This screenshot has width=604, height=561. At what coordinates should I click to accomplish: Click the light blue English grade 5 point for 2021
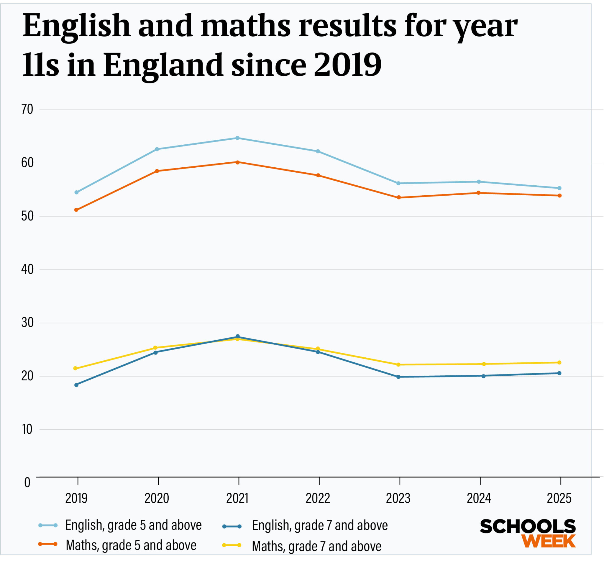[x=238, y=138]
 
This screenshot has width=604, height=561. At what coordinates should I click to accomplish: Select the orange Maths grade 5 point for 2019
[x=76, y=210]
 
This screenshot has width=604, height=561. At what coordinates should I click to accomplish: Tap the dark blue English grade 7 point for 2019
[x=76, y=385]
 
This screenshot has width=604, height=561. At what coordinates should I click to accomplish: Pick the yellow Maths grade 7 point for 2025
[x=559, y=362]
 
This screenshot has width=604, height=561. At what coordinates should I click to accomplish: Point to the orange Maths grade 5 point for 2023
[x=399, y=198]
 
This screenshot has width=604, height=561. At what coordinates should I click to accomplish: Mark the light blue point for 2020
[x=157, y=149]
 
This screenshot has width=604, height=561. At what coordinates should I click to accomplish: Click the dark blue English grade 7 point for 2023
[x=399, y=377]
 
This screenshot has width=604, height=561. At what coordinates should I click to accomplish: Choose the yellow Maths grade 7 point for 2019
[x=75, y=369]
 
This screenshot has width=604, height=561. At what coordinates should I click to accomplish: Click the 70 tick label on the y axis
[x=27, y=110]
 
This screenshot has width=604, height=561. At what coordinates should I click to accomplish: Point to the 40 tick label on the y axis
[x=27, y=270]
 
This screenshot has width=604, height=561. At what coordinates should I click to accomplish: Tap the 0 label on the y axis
[x=27, y=483]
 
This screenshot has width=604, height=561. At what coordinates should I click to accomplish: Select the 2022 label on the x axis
[x=318, y=499]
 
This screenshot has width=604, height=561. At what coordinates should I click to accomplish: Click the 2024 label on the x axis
[x=479, y=499]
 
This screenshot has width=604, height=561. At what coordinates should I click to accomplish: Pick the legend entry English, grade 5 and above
[x=133, y=525]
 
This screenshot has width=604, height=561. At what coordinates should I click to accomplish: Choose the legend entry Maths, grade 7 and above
[x=316, y=547]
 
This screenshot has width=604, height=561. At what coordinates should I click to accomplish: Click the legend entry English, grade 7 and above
[x=320, y=526]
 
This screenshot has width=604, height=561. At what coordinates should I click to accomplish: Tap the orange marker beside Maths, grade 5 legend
[x=48, y=544]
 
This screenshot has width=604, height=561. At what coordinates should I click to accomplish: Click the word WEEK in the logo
[x=549, y=542]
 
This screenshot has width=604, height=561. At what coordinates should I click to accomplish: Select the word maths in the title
[x=245, y=27]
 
